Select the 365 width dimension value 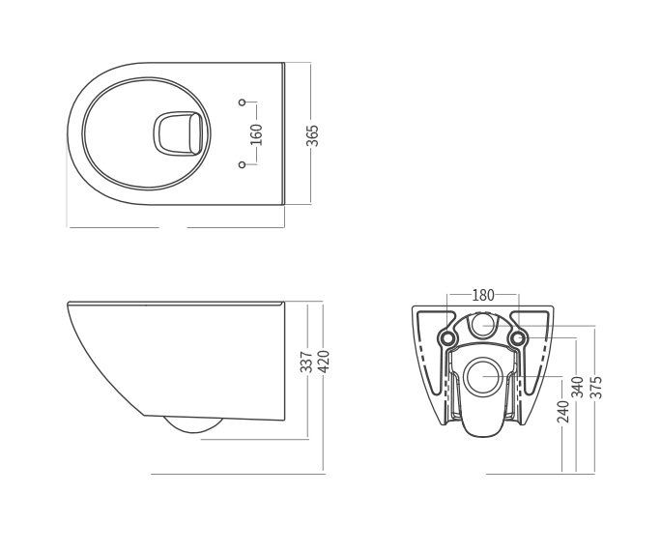click(x=312, y=134)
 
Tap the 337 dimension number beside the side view click(x=306, y=363)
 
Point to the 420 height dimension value click(x=323, y=363)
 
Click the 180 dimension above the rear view click(x=483, y=295)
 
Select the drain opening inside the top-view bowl click(x=178, y=133)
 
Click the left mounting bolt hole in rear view click(x=446, y=338)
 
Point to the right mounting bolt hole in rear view click(x=519, y=338)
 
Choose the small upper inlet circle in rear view click(x=482, y=327)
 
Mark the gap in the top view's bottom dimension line click(x=173, y=226)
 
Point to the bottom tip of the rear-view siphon click(x=482, y=435)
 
